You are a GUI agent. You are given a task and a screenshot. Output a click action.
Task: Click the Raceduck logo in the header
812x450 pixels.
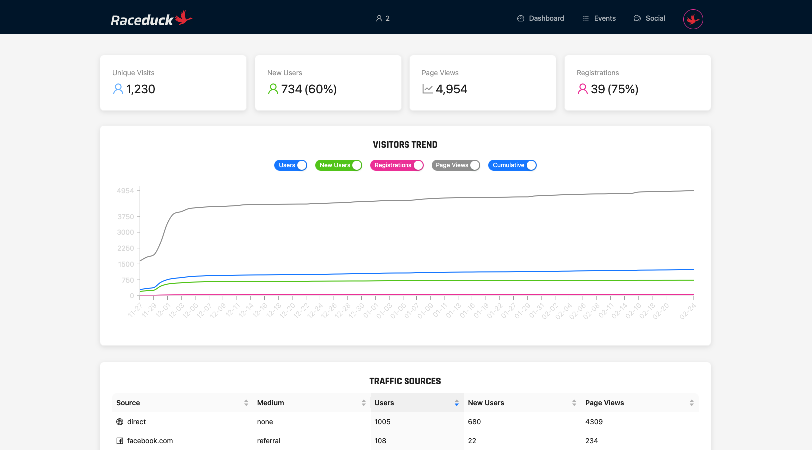(x=151, y=19)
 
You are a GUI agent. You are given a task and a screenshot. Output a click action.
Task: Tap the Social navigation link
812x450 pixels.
(x=649, y=18)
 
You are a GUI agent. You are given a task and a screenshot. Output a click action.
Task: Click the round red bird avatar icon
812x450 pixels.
(x=693, y=19)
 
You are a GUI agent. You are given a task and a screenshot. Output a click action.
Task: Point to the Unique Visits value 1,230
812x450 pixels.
(x=140, y=89)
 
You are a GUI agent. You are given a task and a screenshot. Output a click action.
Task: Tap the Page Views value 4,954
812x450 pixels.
(x=451, y=89)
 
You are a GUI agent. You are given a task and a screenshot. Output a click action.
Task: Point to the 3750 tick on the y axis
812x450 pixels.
(x=126, y=217)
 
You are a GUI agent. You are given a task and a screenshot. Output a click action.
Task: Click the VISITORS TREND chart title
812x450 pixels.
(x=405, y=145)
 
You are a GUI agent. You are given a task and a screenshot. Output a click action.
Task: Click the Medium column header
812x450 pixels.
(x=270, y=403)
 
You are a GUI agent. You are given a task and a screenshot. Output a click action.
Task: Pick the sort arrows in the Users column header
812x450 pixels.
(x=456, y=403)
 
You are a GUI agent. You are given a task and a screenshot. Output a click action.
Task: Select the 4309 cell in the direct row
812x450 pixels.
(x=594, y=422)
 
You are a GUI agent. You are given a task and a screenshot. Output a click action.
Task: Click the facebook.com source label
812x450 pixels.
(x=150, y=441)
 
